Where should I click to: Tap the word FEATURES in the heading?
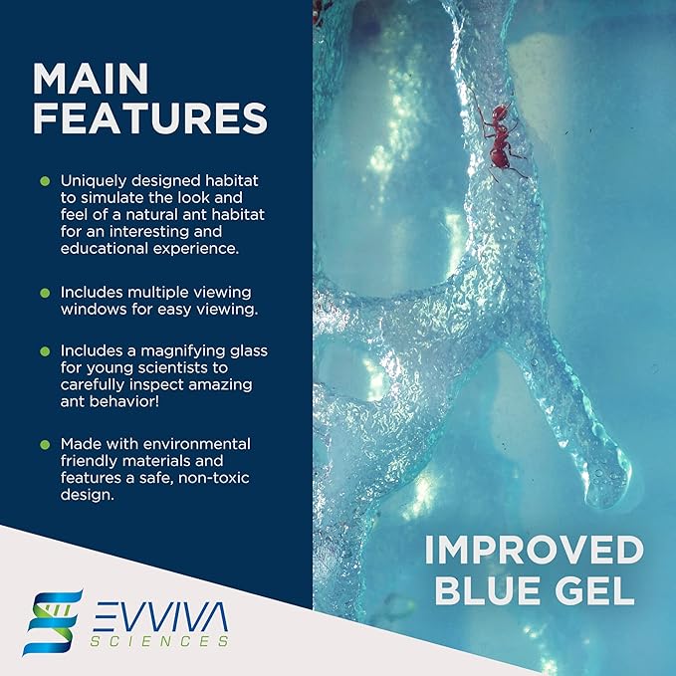point(150,118)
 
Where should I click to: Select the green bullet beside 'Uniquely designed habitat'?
point(45,181)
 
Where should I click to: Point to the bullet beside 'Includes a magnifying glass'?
point(45,351)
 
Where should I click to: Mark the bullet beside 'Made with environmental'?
point(45,443)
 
